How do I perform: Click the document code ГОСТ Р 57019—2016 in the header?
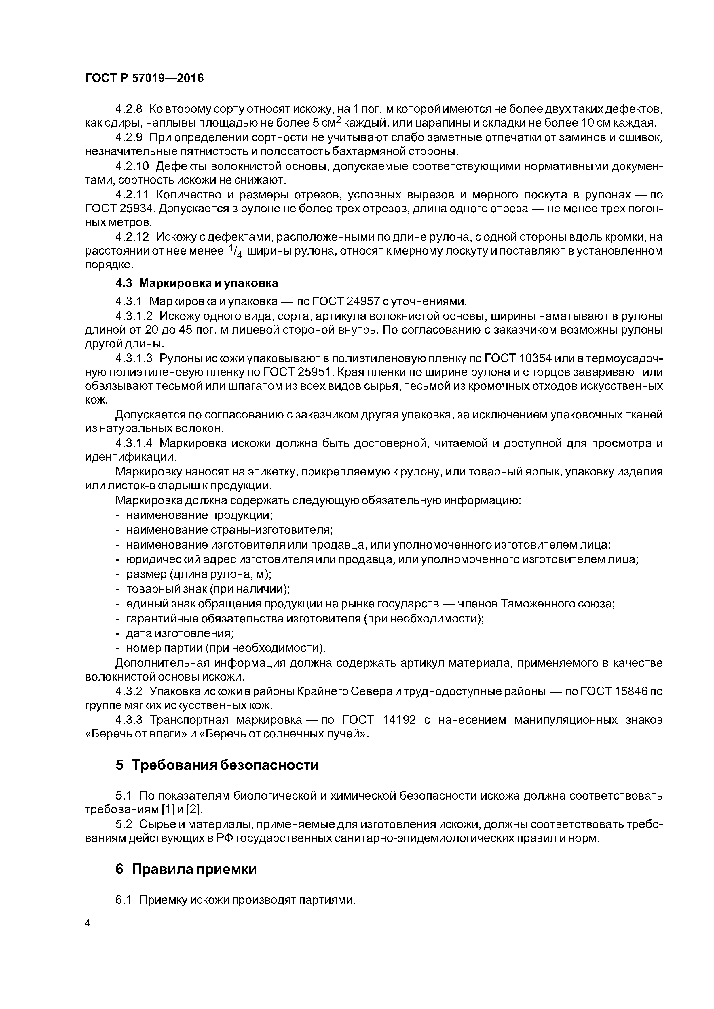tap(144, 78)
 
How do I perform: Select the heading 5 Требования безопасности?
tap(217, 765)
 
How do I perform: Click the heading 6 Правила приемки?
tap(186, 869)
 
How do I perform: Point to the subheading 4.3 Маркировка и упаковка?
tap(197, 283)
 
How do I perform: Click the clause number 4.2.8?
tap(129, 108)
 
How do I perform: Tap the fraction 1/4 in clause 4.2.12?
tap(236, 251)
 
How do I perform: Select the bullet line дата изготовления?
tap(179, 633)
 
